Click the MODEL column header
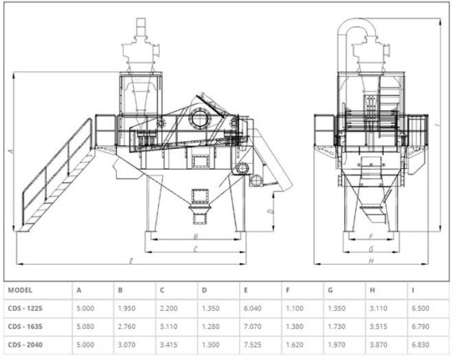tap(20, 290)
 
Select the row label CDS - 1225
tap(25, 308)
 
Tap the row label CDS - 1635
tap(25, 327)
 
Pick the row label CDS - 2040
tap(25, 345)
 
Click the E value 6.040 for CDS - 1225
tap(252, 308)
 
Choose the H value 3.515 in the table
tap(379, 327)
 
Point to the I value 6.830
tap(420, 345)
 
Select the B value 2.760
tap(126, 327)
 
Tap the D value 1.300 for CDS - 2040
tap(211, 345)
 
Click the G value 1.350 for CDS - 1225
tap(336, 308)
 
